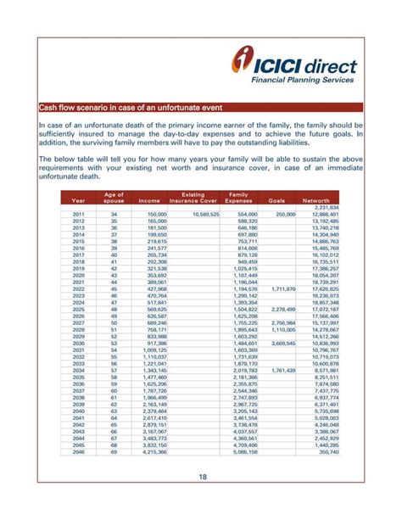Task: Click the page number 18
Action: pyautogui.click(x=201, y=478)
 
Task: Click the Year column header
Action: pyautogui.click(x=78, y=200)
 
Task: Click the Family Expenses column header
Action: pyautogui.click(x=240, y=198)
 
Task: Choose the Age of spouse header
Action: pyautogui.click(x=114, y=198)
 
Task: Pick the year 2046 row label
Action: pyautogui.click(x=78, y=451)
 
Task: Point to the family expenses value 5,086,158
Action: pyautogui.click(x=244, y=451)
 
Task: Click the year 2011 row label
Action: pyautogui.click(x=78, y=215)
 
